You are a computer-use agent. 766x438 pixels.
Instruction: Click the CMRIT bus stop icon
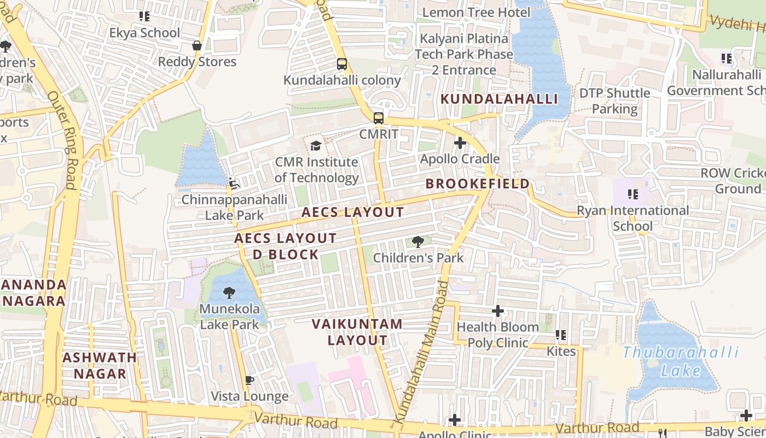tap(378, 118)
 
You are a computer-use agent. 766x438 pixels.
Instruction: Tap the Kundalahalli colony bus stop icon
tap(342, 64)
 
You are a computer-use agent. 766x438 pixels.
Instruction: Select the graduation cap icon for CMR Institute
tap(316, 146)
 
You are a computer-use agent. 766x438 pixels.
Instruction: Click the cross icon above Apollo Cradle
tap(460, 143)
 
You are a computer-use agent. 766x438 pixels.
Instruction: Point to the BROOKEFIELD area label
tap(478, 183)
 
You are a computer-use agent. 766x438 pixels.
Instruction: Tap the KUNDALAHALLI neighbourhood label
tap(499, 99)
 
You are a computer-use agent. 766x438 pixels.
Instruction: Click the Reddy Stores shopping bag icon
tap(196, 45)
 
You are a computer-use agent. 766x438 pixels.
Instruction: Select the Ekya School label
tap(144, 33)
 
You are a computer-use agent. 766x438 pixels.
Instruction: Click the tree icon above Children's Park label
tap(418, 241)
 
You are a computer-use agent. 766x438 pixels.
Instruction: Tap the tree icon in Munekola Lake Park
tap(229, 292)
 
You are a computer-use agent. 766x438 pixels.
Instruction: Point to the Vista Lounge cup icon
tap(249, 380)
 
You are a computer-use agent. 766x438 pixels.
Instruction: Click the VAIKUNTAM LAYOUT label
tap(357, 332)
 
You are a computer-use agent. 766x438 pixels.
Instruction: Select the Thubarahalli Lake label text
tap(681, 361)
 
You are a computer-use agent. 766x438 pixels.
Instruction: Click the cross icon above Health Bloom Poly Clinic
tap(498, 311)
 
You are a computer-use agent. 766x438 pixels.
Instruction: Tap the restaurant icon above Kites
tap(561, 335)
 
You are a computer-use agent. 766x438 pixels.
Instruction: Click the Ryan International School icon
tap(633, 194)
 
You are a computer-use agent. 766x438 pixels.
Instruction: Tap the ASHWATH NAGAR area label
tap(100, 366)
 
